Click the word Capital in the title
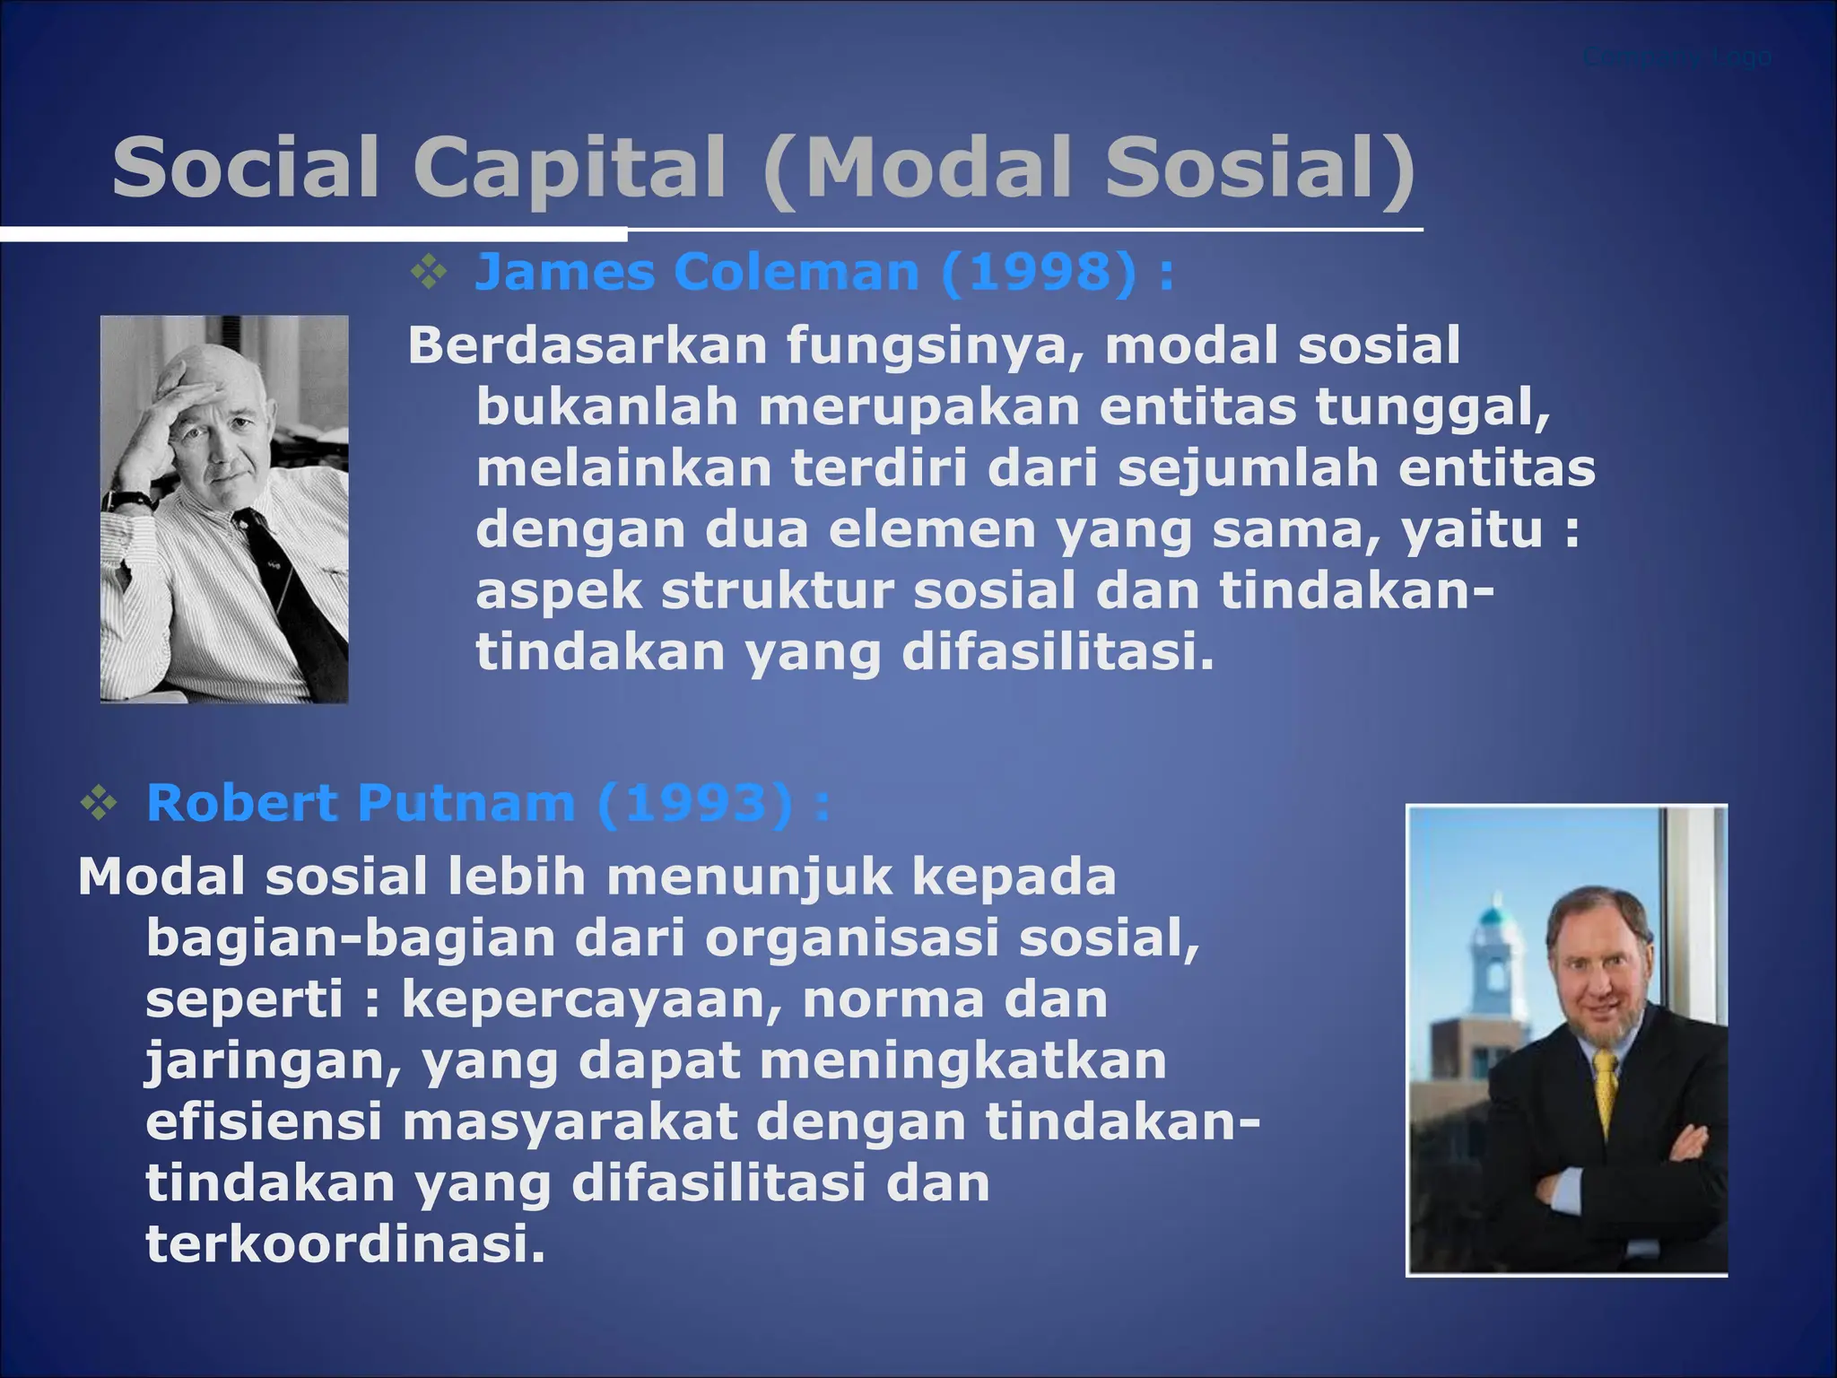coord(569,169)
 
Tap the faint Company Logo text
coord(1676,57)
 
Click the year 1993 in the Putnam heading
coord(694,803)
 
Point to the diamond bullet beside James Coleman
coord(429,272)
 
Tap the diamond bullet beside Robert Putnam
coord(99,803)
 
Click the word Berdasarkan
coord(587,345)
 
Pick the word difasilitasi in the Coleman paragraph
coord(1058,652)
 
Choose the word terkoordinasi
coord(345,1244)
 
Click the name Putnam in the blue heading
coord(466,803)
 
